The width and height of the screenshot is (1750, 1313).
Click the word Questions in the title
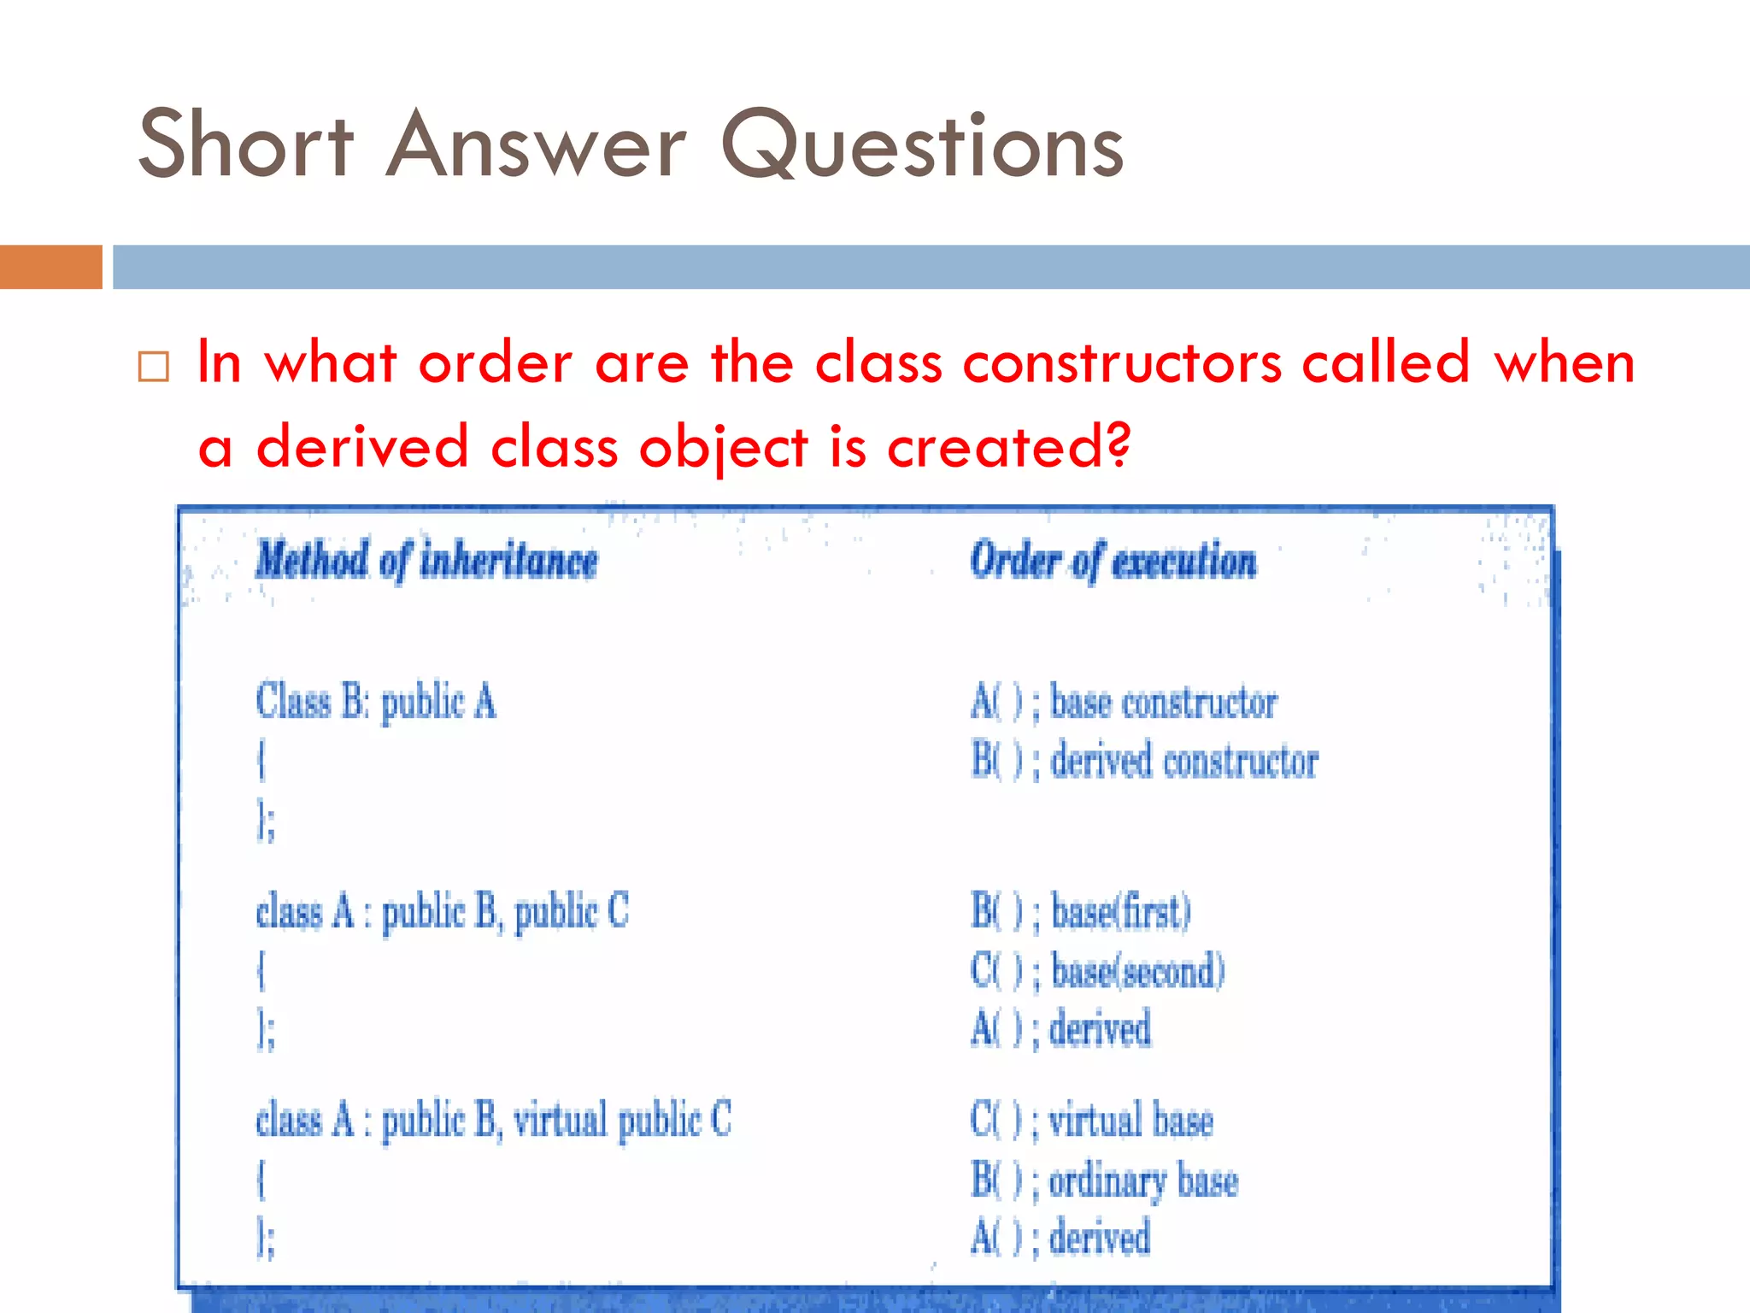[x=923, y=145]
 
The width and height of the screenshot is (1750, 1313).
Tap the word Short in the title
[x=246, y=145]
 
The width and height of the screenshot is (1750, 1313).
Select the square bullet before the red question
[x=154, y=367]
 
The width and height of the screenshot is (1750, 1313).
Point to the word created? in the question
[x=1009, y=446]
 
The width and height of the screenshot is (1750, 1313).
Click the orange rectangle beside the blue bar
[x=50, y=267]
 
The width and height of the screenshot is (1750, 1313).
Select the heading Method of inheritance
[x=426, y=562]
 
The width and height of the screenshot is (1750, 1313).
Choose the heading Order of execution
[x=1113, y=562]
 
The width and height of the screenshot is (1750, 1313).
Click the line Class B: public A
[x=376, y=702]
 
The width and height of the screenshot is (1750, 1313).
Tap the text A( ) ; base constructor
[x=1124, y=704]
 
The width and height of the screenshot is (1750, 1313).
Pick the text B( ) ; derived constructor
[x=1144, y=761]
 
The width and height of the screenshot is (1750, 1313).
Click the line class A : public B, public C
[x=442, y=911]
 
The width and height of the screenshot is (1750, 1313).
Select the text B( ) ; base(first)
[x=1081, y=911]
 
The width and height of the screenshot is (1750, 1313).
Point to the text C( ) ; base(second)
[x=1097, y=971]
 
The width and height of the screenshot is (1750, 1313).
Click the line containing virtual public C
[x=493, y=1120]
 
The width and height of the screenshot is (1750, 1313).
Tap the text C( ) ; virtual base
[x=1091, y=1120]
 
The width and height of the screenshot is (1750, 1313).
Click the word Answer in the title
[x=536, y=145]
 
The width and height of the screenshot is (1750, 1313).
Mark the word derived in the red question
[x=362, y=446]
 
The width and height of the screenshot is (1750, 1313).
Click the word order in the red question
[x=496, y=363]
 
